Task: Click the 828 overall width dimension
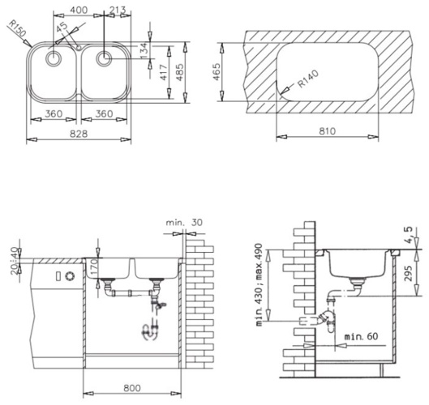[x=79, y=134]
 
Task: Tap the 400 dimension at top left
[x=79, y=10]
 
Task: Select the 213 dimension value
[x=118, y=10]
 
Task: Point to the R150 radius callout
[x=17, y=28]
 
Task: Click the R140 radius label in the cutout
[x=308, y=79]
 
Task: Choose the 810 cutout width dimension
[x=327, y=131]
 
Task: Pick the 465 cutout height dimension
[x=217, y=72]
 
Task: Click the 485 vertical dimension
[x=180, y=72]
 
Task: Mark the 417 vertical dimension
[x=163, y=72]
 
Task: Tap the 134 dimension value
[x=144, y=50]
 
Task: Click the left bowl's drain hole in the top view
[x=53, y=58]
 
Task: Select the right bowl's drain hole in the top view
[x=104, y=58]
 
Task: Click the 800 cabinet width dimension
[x=132, y=388]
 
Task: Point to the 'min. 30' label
[x=184, y=223]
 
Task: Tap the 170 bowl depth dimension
[x=93, y=267]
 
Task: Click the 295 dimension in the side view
[x=408, y=273]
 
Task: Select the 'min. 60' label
[x=361, y=336]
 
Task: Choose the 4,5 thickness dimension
[x=408, y=236]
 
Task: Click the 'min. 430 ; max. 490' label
[x=259, y=284]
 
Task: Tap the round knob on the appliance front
[x=70, y=276]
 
